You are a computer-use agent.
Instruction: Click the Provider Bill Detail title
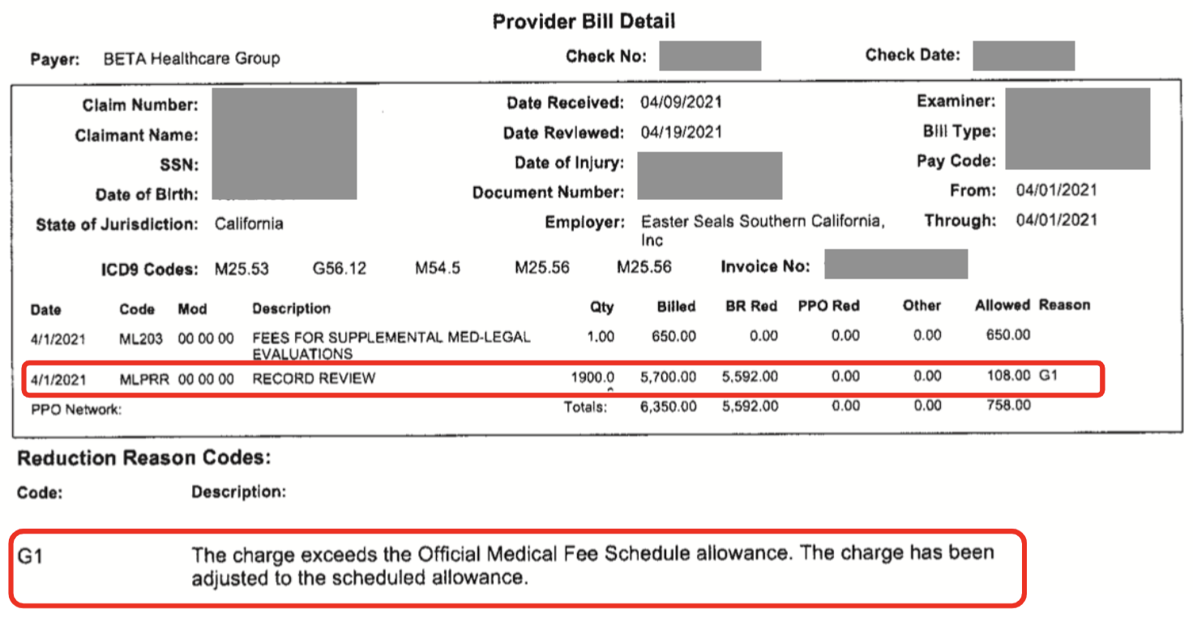tap(584, 21)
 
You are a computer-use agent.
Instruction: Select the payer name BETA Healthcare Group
tap(191, 58)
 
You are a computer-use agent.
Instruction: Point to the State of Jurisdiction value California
tap(249, 224)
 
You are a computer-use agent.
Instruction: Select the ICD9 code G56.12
tap(339, 268)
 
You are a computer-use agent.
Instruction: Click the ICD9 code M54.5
tap(438, 268)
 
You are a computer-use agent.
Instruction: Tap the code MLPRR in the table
tap(144, 378)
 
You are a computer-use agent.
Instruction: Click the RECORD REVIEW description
tap(314, 378)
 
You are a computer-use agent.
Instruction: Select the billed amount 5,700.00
tap(668, 377)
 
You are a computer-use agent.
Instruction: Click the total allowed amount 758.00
tap(1005, 404)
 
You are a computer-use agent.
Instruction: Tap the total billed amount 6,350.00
tap(668, 407)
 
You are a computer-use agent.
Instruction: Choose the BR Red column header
tap(751, 306)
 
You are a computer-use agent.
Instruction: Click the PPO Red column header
tap(828, 306)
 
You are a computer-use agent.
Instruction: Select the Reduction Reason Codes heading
tap(143, 458)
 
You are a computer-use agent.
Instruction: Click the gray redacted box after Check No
tap(710, 56)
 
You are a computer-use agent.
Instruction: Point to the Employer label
tap(584, 221)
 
